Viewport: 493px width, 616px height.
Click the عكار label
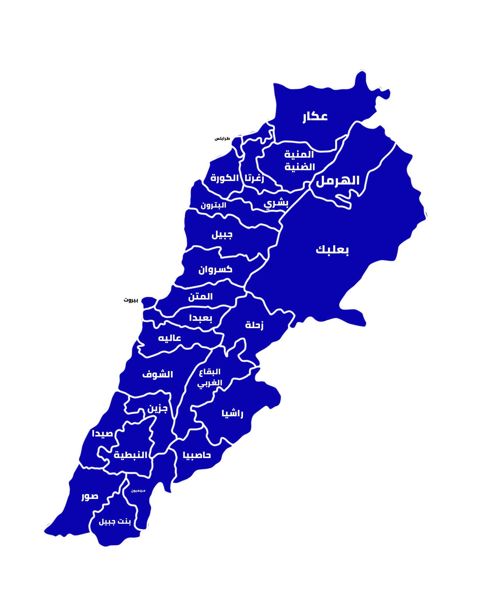pos(315,116)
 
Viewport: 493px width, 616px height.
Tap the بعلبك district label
pos(332,250)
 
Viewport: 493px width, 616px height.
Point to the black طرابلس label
pos(222,138)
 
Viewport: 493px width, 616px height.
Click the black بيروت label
pos(131,300)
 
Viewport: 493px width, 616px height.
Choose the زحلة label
pos(254,325)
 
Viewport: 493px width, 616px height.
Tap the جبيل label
pos(222,234)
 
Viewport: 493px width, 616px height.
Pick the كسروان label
pos(215,269)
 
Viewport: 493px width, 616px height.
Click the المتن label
pos(200,297)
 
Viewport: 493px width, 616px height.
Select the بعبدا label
pos(200,318)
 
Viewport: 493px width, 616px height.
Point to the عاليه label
pos(169,338)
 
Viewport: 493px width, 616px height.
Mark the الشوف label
pos(158,374)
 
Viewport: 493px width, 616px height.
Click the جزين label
pos(157,408)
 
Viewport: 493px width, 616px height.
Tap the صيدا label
pos(102,434)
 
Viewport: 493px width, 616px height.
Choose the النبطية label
pos(130,455)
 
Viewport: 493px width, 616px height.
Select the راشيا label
pos(232,413)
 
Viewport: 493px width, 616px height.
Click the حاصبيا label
pos(197,455)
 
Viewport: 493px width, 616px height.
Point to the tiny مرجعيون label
pos(138,491)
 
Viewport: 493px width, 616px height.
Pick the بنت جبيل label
pos(115,522)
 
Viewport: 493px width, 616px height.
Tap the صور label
pos(90,496)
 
